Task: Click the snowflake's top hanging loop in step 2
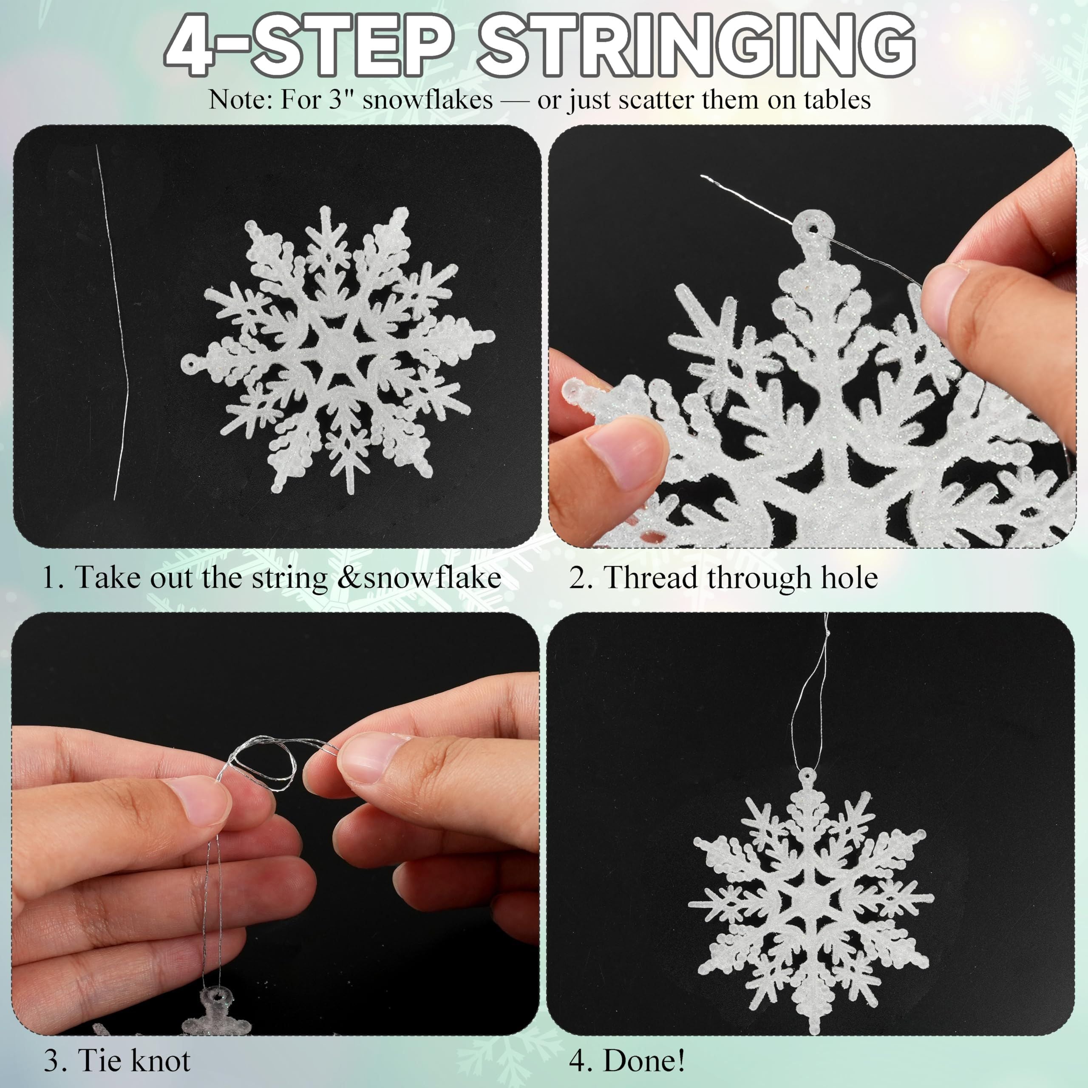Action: point(813,227)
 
